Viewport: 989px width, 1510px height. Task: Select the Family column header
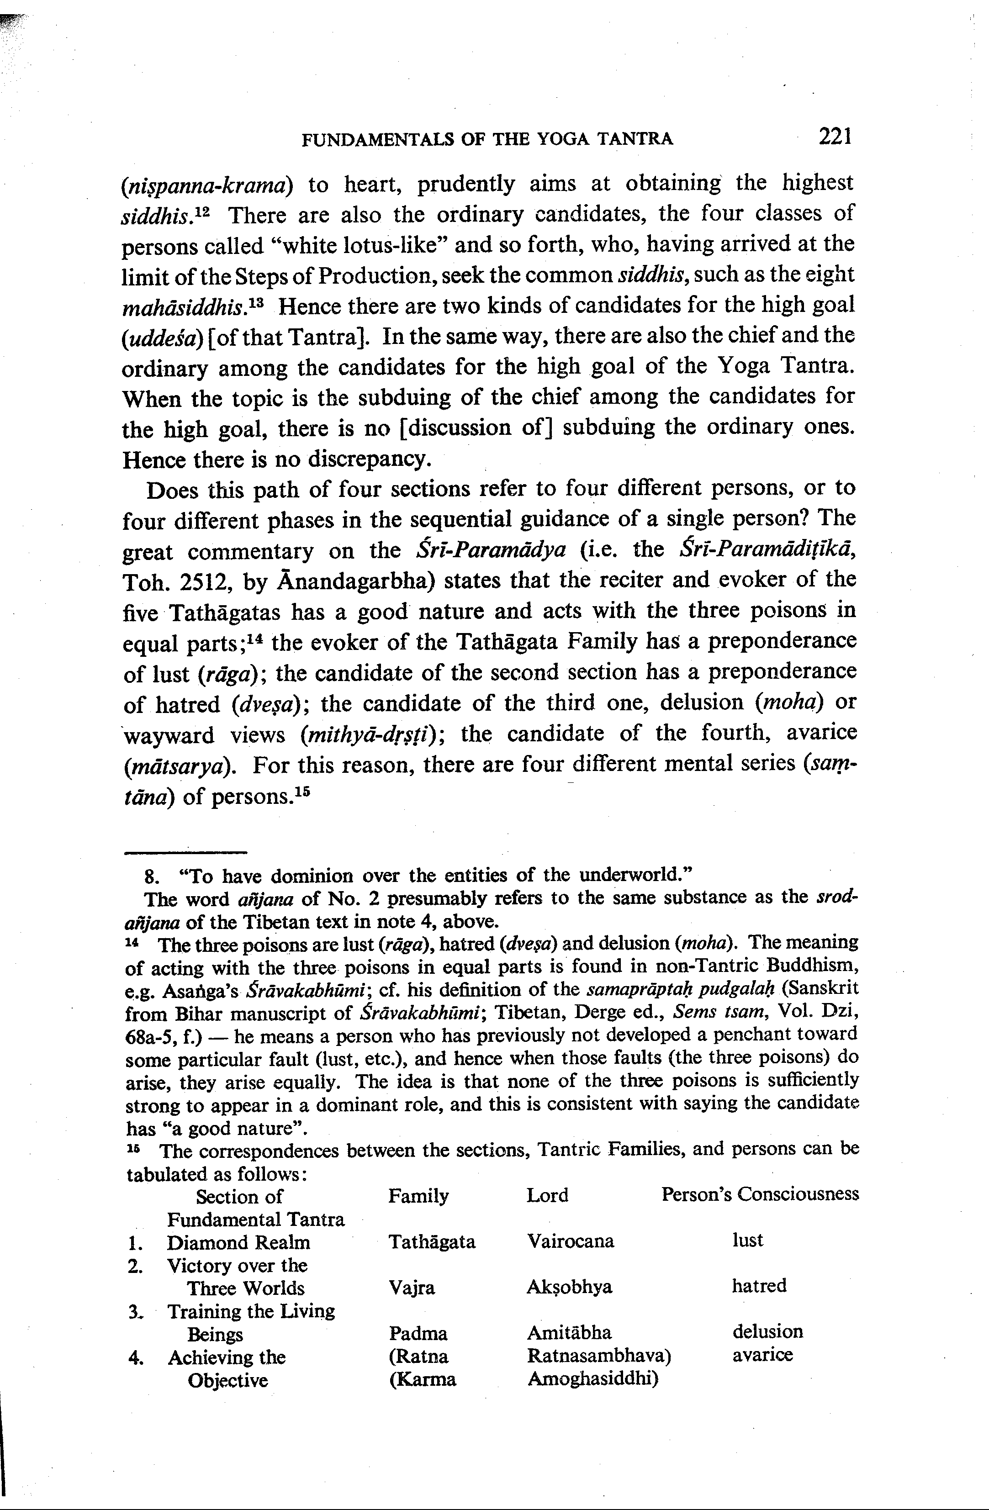(x=418, y=1196)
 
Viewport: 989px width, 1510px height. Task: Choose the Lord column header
(x=547, y=1195)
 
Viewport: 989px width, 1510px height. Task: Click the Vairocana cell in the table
(x=570, y=1241)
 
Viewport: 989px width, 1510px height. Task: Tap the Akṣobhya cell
(x=569, y=1287)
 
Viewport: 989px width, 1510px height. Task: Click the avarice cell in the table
(x=762, y=1355)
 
